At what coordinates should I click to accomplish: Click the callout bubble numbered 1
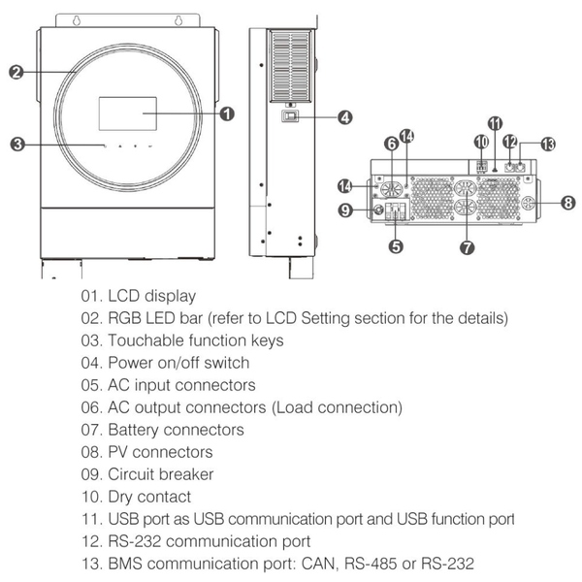tap(227, 114)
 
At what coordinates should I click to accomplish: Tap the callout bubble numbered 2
tap(16, 72)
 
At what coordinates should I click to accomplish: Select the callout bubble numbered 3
tap(16, 145)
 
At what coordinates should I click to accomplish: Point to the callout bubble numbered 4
tap(345, 117)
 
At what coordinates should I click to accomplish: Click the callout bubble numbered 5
tap(395, 246)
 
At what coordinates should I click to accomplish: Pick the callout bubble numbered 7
tap(467, 247)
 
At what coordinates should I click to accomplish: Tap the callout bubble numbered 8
tap(568, 202)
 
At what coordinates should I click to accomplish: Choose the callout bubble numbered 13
tap(549, 144)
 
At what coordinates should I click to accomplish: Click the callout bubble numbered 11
tap(496, 123)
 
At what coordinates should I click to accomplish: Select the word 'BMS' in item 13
tap(127, 564)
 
